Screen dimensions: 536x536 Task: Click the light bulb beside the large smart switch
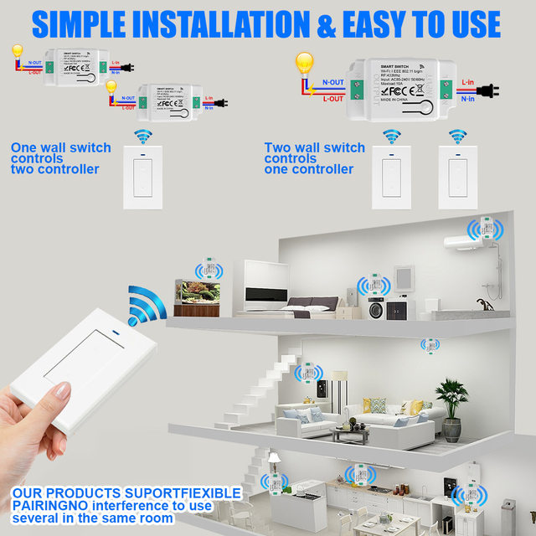[x=304, y=64]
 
